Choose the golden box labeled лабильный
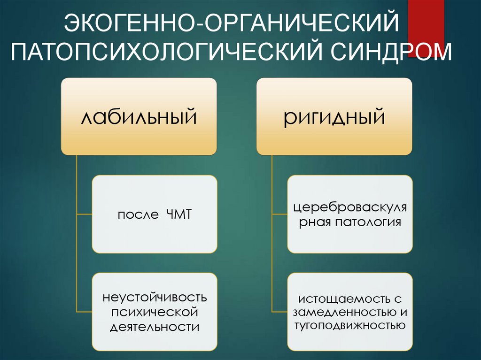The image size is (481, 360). pos(139,116)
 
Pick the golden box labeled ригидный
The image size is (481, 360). pos(334,116)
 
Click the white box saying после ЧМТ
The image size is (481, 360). pos(155,214)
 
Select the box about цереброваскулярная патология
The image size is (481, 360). pos(350,214)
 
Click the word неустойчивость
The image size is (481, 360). pos(155,297)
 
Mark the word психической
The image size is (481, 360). pos(155,312)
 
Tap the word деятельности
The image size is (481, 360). pos(155,326)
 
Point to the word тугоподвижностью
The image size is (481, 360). pos(350,325)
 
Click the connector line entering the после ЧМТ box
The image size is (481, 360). pos(84,214)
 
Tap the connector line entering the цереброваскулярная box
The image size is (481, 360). pos(279,214)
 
